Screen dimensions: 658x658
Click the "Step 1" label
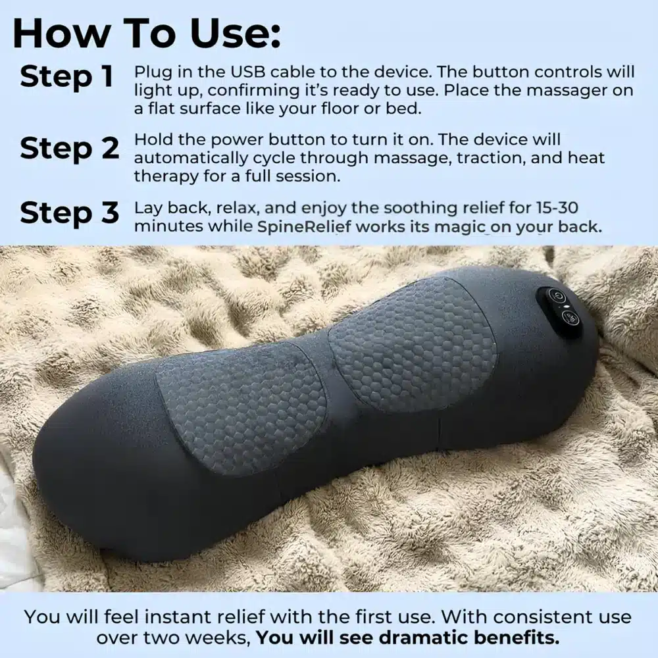pyautogui.click(x=66, y=77)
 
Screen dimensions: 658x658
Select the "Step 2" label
pyautogui.click(x=69, y=149)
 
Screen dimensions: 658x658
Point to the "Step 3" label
pyautogui.click(x=69, y=213)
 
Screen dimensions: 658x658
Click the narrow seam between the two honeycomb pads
pyautogui.click(x=329, y=368)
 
